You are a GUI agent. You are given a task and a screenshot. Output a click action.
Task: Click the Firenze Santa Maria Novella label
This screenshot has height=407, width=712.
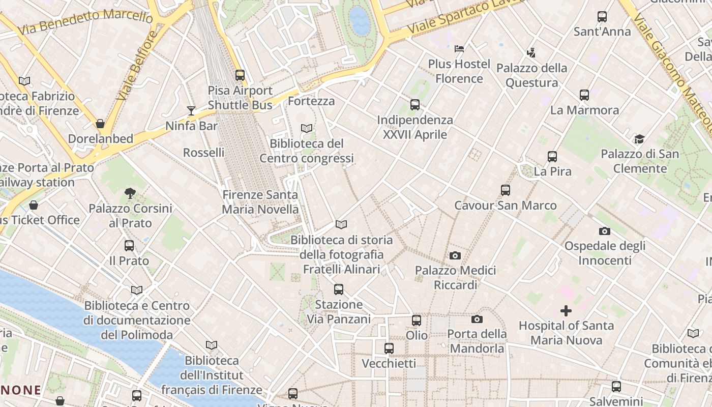[x=260, y=202]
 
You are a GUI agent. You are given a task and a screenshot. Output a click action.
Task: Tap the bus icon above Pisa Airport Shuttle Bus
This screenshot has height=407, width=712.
[x=240, y=75]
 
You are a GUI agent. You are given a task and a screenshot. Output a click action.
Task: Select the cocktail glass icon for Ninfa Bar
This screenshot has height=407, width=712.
[x=191, y=110]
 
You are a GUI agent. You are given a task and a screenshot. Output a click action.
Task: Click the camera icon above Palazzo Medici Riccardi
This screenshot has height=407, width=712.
[x=455, y=255]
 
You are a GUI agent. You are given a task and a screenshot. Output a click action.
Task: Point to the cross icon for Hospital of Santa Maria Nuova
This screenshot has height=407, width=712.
[x=566, y=310]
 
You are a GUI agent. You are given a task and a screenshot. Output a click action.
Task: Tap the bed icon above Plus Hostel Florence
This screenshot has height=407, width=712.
[x=459, y=49]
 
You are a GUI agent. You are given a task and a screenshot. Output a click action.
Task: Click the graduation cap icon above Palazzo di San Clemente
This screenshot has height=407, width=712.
[x=639, y=139]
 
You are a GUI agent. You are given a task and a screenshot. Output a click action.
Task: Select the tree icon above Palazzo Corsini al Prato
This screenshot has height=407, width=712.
[x=130, y=193]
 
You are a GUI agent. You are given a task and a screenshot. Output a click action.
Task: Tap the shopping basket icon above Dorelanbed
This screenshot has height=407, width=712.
[x=100, y=124]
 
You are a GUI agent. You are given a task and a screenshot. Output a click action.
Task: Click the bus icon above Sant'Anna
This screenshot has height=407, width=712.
[x=602, y=17]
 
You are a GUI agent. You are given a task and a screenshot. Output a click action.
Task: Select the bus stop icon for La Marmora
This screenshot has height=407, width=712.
[x=584, y=95]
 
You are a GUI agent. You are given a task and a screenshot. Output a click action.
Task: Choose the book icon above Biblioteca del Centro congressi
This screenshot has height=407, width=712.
[x=307, y=129]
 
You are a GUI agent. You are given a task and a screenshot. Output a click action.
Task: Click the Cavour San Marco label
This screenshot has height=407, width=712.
[x=505, y=206]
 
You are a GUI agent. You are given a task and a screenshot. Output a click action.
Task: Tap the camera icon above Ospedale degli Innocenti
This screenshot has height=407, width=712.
[x=605, y=231]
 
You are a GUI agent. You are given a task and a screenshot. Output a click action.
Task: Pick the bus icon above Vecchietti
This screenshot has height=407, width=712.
[x=389, y=348]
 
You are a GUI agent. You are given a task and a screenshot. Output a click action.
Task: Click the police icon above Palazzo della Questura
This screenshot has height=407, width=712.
[x=531, y=52]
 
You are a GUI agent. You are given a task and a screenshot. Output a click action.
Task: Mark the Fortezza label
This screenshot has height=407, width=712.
[x=311, y=101]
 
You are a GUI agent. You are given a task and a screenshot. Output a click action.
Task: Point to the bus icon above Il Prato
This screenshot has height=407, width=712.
[x=129, y=246]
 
